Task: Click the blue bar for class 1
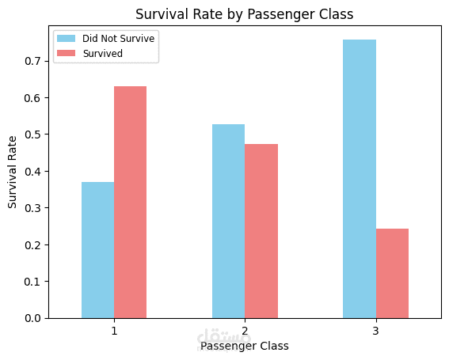click(97, 250)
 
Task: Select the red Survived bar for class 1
click(131, 203)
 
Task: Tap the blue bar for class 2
click(229, 222)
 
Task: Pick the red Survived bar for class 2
click(261, 231)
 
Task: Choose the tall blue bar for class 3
click(360, 179)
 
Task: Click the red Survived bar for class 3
click(392, 273)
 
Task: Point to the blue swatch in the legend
click(67, 38)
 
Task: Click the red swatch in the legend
click(67, 53)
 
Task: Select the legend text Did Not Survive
click(119, 38)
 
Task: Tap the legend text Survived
click(103, 54)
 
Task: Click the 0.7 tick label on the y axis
click(32, 61)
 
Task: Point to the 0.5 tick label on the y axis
click(32, 135)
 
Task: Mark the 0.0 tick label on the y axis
click(32, 318)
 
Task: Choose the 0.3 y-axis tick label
click(32, 208)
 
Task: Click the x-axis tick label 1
click(114, 331)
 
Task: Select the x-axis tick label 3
click(375, 331)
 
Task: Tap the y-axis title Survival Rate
click(13, 172)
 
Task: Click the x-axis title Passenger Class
click(245, 346)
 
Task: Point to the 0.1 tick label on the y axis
click(32, 282)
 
